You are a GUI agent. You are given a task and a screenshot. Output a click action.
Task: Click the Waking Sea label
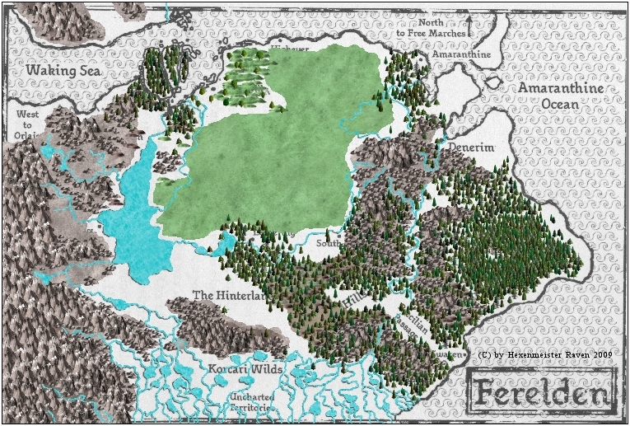pos(62,72)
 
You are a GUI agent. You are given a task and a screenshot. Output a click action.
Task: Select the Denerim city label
pos(470,147)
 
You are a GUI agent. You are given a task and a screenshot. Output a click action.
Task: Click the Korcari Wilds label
pos(245,369)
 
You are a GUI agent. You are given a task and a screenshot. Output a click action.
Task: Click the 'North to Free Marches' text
pos(441,29)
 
